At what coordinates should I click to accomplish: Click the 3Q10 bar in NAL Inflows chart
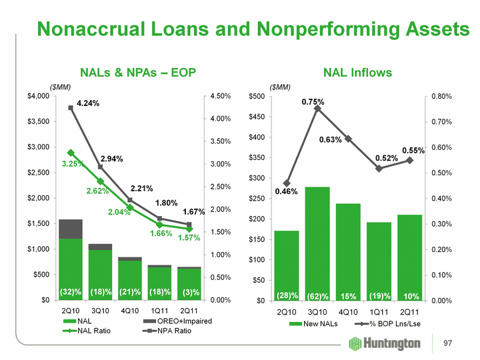pyautogui.click(x=317, y=243)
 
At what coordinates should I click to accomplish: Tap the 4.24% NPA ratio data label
pyautogui.click(x=88, y=103)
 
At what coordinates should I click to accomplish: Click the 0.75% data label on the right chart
pyautogui.click(x=313, y=102)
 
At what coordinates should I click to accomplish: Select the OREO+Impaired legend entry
pyautogui.click(x=173, y=321)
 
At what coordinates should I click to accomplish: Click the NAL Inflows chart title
pyautogui.click(x=358, y=72)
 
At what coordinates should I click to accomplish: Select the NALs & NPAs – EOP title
pyautogui.click(x=138, y=72)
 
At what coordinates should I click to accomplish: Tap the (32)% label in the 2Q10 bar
pyautogui.click(x=71, y=292)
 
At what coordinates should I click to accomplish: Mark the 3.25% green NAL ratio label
pyautogui.click(x=73, y=163)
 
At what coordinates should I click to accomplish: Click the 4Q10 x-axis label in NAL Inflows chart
pyautogui.click(x=347, y=311)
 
